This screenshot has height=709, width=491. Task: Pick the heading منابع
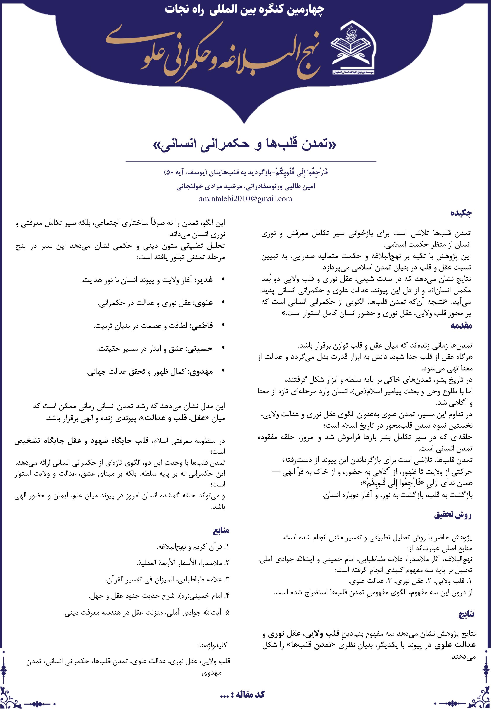tap(221, 531)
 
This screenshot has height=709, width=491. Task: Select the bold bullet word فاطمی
tap(202, 326)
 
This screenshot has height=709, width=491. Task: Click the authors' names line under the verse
tap(246, 187)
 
